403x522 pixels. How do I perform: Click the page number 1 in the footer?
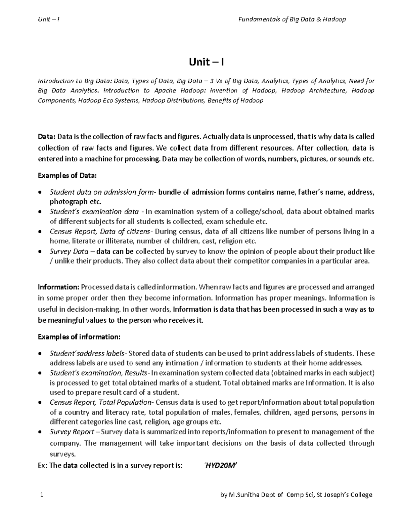[x=41, y=495]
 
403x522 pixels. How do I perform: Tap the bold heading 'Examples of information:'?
[x=79, y=337]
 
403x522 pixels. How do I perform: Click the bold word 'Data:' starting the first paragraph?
[x=47, y=136]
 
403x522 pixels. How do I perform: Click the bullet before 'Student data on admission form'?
[x=40, y=193]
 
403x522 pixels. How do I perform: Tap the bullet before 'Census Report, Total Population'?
[x=40, y=403]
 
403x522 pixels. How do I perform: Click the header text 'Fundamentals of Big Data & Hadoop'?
[x=292, y=19]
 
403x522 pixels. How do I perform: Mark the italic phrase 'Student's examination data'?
[x=94, y=212]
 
